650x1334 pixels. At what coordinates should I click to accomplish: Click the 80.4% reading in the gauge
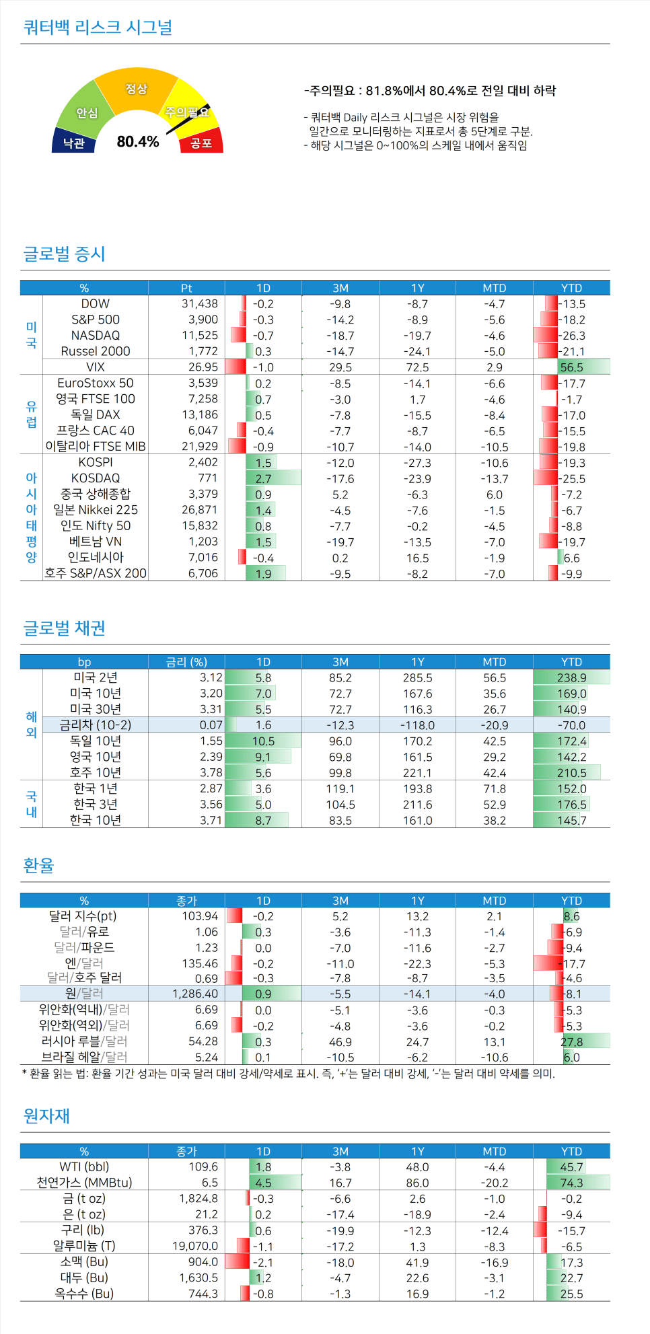click(138, 141)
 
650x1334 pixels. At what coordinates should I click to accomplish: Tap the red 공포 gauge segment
click(201, 143)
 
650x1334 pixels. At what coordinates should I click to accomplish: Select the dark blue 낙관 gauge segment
click(73, 143)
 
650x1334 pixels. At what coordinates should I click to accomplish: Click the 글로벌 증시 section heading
click(65, 254)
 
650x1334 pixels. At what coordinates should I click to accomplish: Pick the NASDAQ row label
click(96, 335)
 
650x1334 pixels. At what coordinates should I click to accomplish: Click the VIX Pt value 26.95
click(203, 367)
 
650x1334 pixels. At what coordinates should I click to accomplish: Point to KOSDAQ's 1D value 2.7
click(263, 478)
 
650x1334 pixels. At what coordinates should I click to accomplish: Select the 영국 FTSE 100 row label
click(96, 399)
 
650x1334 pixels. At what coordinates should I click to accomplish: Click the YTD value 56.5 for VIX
click(571, 367)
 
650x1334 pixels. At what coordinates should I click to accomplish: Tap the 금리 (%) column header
click(186, 662)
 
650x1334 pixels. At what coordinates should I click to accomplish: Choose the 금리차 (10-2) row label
click(96, 725)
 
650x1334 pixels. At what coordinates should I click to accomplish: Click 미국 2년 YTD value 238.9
click(571, 677)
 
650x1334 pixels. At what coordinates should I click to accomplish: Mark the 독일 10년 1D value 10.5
click(263, 741)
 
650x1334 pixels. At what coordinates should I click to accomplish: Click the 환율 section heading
click(38, 865)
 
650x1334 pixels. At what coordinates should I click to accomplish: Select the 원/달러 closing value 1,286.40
click(195, 994)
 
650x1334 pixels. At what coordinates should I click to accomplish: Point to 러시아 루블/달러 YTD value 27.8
click(571, 1041)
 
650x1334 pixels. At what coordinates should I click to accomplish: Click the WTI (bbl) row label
click(84, 1166)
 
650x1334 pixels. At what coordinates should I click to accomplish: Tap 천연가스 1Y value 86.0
click(417, 1183)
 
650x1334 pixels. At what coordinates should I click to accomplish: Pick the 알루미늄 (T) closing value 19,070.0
click(195, 1246)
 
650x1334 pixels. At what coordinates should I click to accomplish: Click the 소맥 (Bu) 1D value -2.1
click(263, 1262)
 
